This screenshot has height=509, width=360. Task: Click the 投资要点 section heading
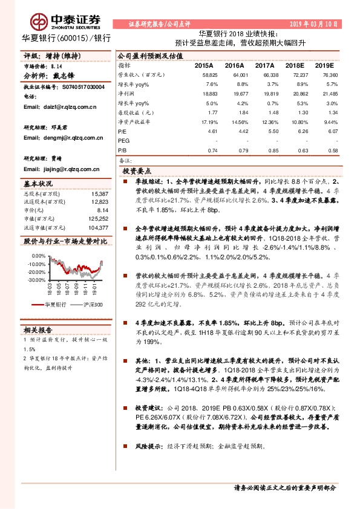[136, 171]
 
